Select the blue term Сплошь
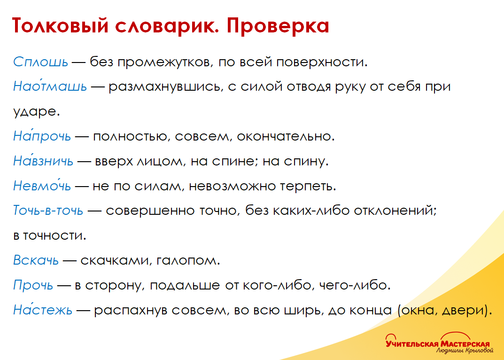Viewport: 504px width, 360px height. [x=41, y=62]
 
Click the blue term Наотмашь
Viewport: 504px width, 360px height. [x=50, y=87]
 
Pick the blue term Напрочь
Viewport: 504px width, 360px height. [x=42, y=137]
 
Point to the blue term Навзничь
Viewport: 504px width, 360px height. [x=43, y=162]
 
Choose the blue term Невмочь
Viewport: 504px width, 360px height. [x=42, y=187]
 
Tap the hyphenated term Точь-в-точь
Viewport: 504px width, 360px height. [x=48, y=211]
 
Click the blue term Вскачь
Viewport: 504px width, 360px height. [x=36, y=260]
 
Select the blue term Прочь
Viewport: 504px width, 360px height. [x=34, y=285]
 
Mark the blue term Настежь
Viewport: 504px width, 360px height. [x=43, y=310]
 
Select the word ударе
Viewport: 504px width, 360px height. [x=37, y=112]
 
